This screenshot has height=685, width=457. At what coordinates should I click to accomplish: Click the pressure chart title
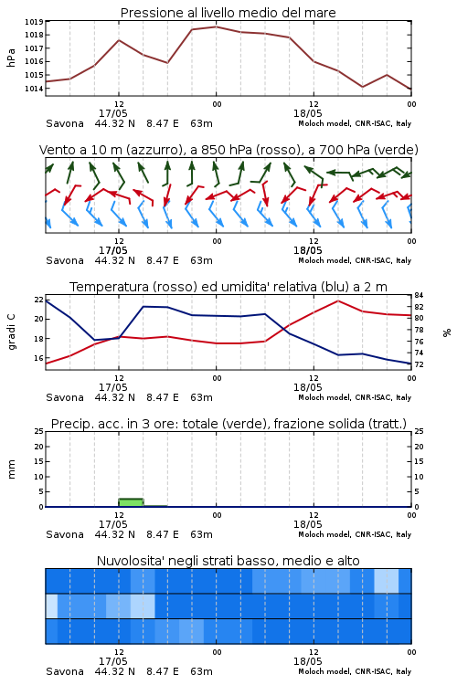228,13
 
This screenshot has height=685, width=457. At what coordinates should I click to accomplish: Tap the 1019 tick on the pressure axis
34,21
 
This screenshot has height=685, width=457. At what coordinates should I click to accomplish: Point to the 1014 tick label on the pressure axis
34,89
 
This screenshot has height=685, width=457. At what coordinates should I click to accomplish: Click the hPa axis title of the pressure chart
11,58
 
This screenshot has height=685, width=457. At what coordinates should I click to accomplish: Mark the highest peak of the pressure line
216,26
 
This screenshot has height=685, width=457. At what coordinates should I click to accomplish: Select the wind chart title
228,150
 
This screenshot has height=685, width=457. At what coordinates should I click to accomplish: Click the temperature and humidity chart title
228,287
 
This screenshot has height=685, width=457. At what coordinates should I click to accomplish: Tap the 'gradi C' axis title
11,332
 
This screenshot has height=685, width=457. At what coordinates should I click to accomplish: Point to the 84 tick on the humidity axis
419,295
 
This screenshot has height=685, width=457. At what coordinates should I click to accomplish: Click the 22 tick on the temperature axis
39,300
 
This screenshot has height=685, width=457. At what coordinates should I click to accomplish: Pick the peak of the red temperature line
337,300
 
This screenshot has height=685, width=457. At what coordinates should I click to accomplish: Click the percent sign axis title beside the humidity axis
447,332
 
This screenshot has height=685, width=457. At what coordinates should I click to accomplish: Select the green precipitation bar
131,502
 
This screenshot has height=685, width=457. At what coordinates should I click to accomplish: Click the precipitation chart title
228,424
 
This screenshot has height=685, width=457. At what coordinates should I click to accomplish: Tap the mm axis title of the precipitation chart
11,469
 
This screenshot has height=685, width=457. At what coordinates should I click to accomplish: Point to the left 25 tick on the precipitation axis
39,431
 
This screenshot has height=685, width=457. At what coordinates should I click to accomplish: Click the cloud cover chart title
228,561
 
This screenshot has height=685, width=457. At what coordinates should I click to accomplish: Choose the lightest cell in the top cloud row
387,581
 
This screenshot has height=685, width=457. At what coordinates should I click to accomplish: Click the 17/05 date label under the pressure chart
112,113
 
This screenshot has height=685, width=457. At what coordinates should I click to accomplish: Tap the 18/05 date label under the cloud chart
307,661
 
